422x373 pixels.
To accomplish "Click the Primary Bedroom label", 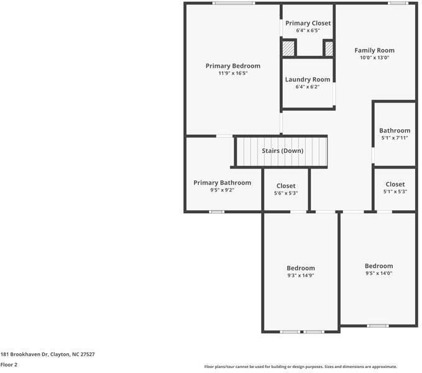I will click(x=233, y=66).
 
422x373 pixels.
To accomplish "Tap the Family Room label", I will click(x=374, y=50).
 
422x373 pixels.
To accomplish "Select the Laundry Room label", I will click(x=308, y=80).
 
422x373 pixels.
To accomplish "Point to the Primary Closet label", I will click(x=308, y=23).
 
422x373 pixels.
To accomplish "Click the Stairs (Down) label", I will click(x=282, y=151).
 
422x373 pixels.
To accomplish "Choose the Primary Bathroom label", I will click(x=222, y=183).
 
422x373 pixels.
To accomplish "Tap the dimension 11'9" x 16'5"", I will click(x=233, y=73).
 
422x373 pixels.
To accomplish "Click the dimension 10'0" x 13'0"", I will click(x=374, y=58).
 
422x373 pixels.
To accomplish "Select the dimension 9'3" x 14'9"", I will click(x=301, y=275).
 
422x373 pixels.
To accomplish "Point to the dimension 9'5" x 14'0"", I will click(x=378, y=273).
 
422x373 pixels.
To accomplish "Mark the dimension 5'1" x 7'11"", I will click(x=395, y=138).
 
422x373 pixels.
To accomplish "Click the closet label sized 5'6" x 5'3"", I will click(x=286, y=186).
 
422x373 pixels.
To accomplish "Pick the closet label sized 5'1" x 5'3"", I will click(x=395, y=184).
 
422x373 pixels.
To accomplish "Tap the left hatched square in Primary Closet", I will click(x=288, y=48).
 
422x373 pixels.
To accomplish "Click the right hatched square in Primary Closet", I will click(x=329, y=48).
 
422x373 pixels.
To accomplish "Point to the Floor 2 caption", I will click(x=9, y=365).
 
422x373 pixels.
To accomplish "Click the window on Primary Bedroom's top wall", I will click(x=233, y=4).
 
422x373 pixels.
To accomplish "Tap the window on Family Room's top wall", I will click(x=398, y=4).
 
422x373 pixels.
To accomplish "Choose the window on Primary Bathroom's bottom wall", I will click(x=216, y=212).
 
